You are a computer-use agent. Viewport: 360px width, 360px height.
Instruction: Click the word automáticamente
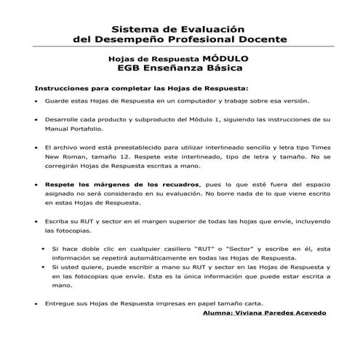point(154,258)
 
